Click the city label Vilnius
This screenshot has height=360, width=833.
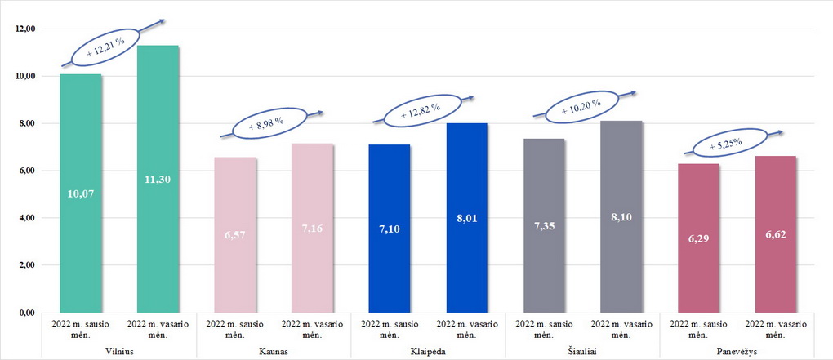tap(119, 350)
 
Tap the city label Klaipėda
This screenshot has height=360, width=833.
tap(428, 350)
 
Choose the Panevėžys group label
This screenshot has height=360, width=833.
tap(737, 350)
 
